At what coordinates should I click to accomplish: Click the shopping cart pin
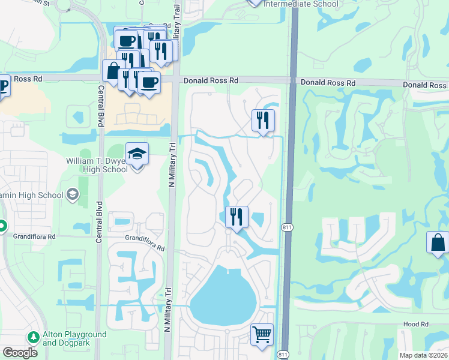262,335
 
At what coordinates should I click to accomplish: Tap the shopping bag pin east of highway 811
438,243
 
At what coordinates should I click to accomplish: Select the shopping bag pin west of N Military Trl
113,71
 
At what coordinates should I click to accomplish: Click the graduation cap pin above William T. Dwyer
137,154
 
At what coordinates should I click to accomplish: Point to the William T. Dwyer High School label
106,165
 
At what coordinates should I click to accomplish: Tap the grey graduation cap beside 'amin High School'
73,194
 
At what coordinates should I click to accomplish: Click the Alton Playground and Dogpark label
74,338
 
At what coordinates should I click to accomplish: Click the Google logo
19,352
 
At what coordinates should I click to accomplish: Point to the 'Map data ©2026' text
423,355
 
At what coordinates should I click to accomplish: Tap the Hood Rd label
415,324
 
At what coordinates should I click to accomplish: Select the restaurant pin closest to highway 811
263,120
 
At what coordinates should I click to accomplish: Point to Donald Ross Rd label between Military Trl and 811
211,80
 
